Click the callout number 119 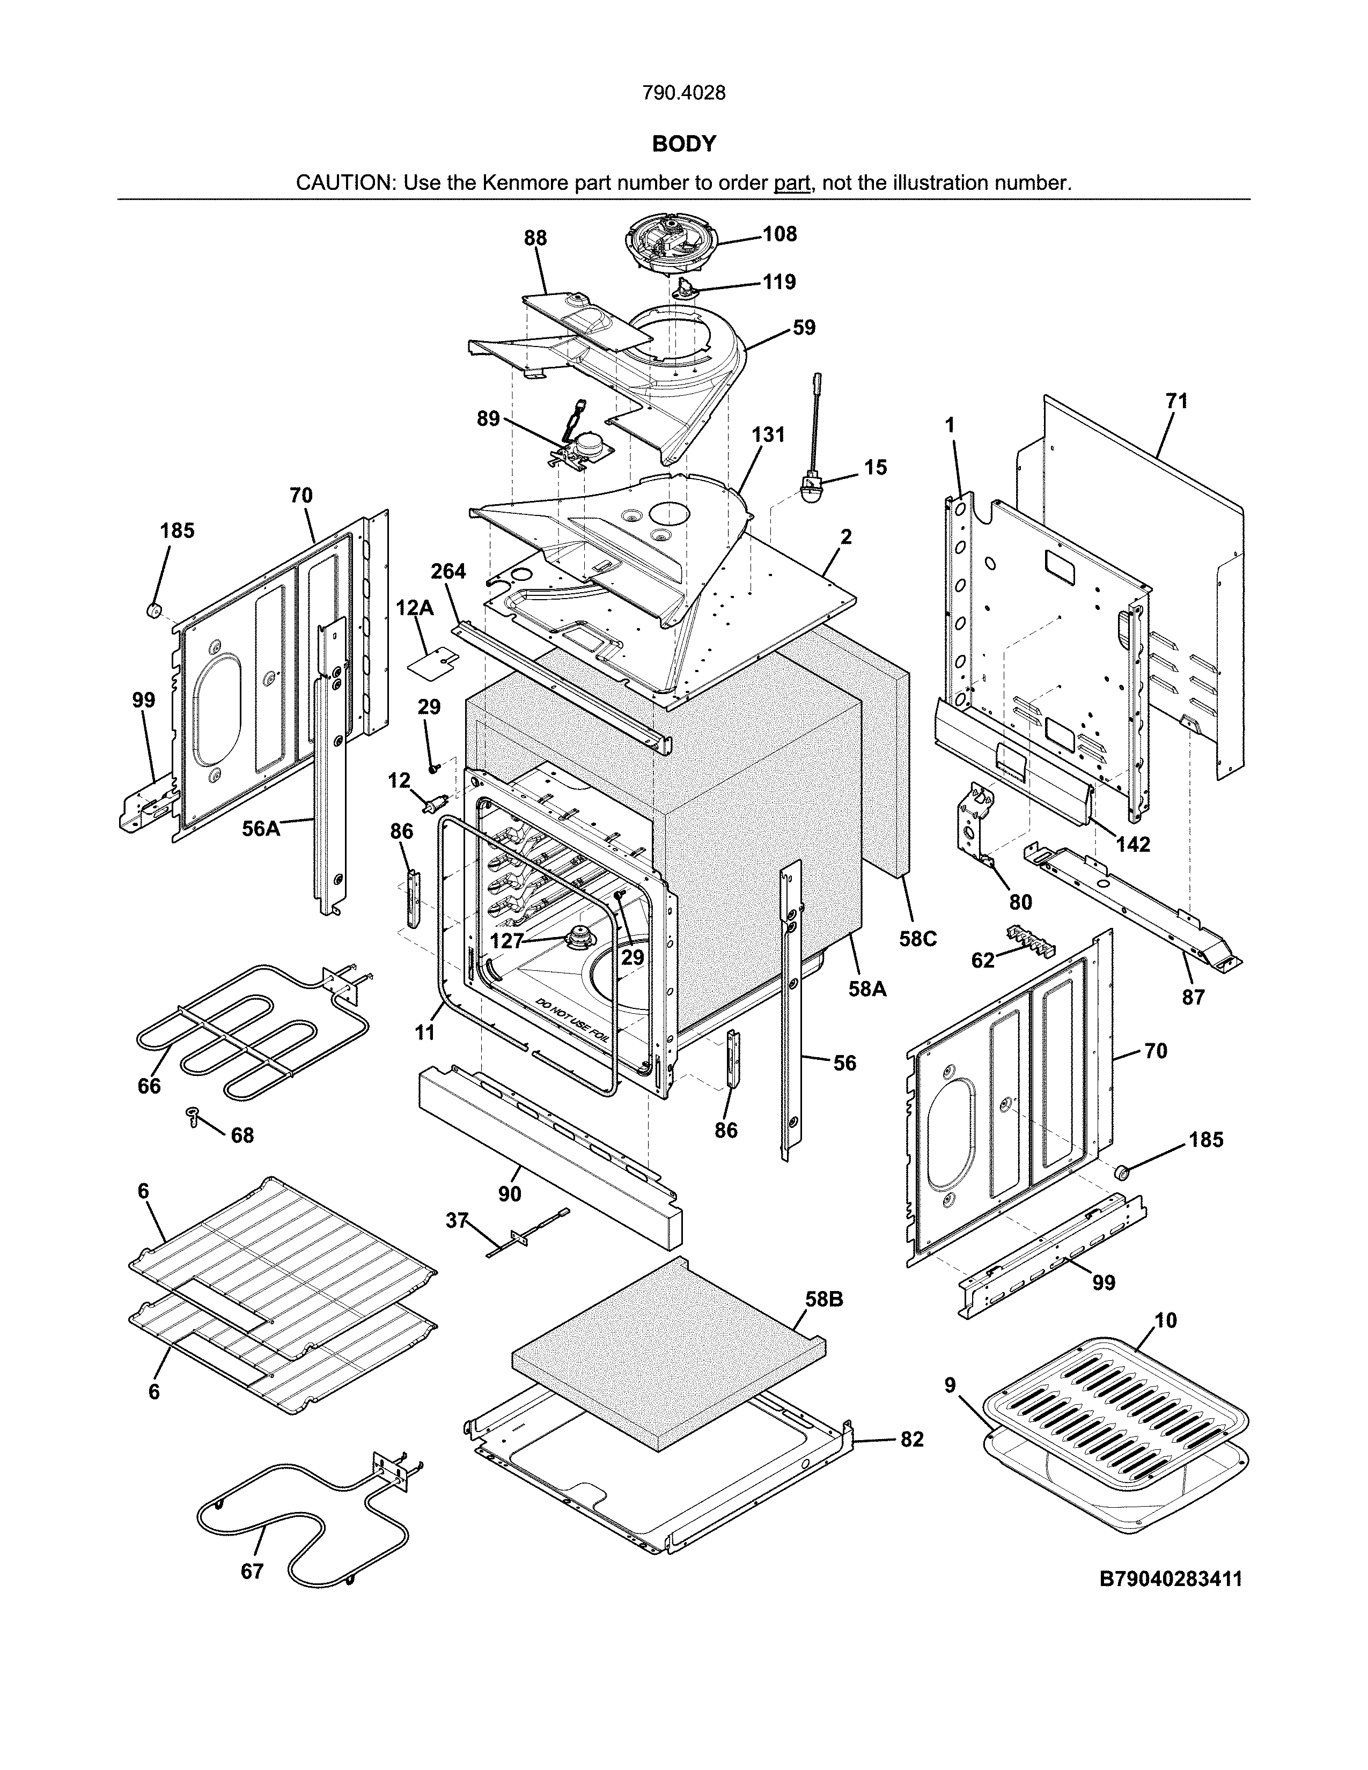click(x=779, y=282)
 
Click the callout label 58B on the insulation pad click(x=824, y=1299)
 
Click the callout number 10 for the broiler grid click(x=1165, y=1320)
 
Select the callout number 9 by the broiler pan click(x=951, y=1385)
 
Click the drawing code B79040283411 click(x=1170, y=1579)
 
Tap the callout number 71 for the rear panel click(x=1176, y=401)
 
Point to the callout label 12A click(x=414, y=608)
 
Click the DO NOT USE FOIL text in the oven click(x=576, y=1021)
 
